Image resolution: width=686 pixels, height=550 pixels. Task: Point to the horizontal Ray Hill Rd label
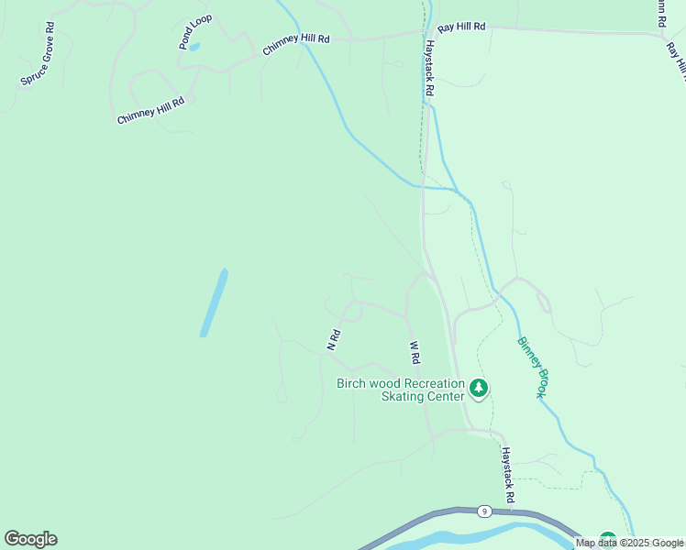[460, 27]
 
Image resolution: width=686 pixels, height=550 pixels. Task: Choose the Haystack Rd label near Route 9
[506, 474]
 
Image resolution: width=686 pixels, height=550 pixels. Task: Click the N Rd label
[335, 340]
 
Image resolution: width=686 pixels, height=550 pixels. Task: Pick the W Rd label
[415, 352]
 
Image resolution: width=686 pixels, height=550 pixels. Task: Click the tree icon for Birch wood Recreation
[478, 389]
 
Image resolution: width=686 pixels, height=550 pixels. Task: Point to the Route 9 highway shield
[483, 511]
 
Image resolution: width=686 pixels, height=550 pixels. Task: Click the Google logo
[30, 539]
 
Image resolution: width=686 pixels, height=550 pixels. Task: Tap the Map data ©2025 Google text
[629, 543]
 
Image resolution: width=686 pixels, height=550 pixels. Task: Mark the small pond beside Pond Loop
[194, 46]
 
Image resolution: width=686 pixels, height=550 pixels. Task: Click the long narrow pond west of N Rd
[214, 302]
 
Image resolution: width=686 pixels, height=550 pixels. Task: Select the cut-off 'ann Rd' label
[659, 12]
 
